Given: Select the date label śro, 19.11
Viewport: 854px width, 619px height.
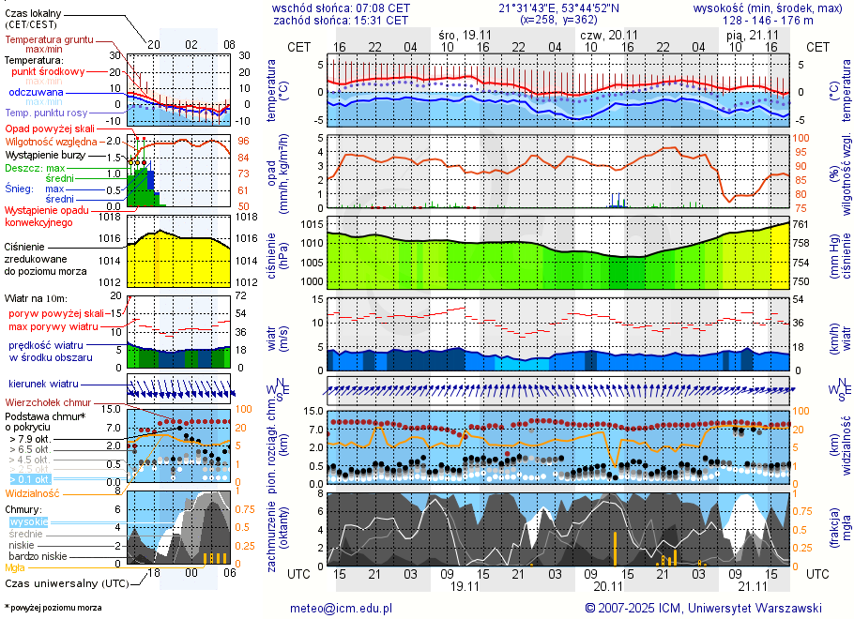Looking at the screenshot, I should (x=465, y=34).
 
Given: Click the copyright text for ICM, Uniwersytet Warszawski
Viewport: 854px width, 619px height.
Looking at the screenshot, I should (x=703, y=608).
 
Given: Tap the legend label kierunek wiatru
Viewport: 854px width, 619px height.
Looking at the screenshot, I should (x=43, y=385).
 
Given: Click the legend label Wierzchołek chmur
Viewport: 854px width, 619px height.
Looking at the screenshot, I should (x=45, y=402).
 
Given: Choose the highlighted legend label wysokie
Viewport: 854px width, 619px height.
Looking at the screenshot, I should (x=28, y=521).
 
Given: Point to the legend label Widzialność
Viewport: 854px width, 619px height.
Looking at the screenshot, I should (x=33, y=492).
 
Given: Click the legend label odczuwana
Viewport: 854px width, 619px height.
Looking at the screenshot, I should (x=36, y=93).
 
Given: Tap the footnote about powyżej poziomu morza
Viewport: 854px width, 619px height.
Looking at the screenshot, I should (x=53, y=608).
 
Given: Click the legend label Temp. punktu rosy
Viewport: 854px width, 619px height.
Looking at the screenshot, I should (x=46, y=113).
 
